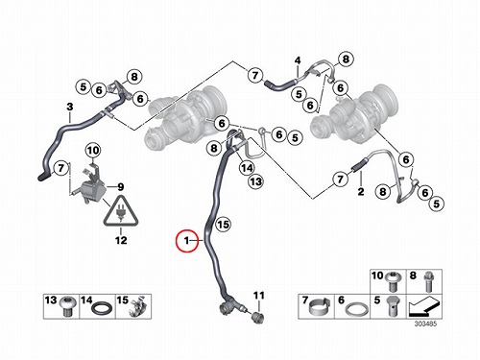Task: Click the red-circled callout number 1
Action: [x=187, y=241]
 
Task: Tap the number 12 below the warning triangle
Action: [x=121, y=240]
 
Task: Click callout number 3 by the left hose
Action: [x=70, y=107]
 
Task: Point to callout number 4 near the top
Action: [x=298, y=60]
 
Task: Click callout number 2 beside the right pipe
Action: [x=361, y=191]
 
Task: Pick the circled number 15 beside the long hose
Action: [x=223, y=225]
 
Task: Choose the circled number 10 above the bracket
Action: [x=93, y=150]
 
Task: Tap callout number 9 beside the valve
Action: [x=120, y=186]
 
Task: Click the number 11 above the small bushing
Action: [x=259, y=295]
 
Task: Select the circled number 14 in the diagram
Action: [x=247, y=168]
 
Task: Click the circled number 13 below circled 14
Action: [x=255, y=181]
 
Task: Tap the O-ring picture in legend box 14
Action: [x=102, y=309]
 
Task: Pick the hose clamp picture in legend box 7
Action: [x=320, y=307]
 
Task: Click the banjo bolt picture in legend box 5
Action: [x=393, y=306]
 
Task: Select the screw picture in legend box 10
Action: [x=393, y=281]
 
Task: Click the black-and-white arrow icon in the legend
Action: [x=424, y=306]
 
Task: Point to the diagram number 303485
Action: [x=425, y=324]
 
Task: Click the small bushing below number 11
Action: [x=258, y=317]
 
